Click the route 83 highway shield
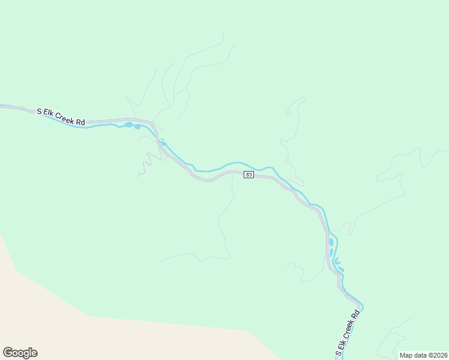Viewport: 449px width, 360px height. [x=249, y=175]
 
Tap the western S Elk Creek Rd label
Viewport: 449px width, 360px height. [x=61, y=116]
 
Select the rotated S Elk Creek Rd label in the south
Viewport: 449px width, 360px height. [x=346, y=332]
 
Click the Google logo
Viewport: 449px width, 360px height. [x=20, y=353]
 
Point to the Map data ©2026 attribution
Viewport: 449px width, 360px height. [x=423, y=355]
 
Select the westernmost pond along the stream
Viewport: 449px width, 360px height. [x=128, y=125]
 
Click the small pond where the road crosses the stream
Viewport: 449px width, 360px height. [x=163, y=143]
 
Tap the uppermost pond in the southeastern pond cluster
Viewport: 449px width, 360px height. [x=331, y=241]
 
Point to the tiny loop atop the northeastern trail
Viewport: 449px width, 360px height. [x=288, y=112]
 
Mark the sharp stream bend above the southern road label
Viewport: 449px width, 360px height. [x=362, y=305]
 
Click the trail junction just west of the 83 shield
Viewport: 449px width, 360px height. [x=232, y=175]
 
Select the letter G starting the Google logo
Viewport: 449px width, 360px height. [x=8, y=353]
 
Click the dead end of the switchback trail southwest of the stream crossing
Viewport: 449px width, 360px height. [x=138, y=175]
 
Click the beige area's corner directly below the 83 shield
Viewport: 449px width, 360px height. [x=248, y=331]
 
